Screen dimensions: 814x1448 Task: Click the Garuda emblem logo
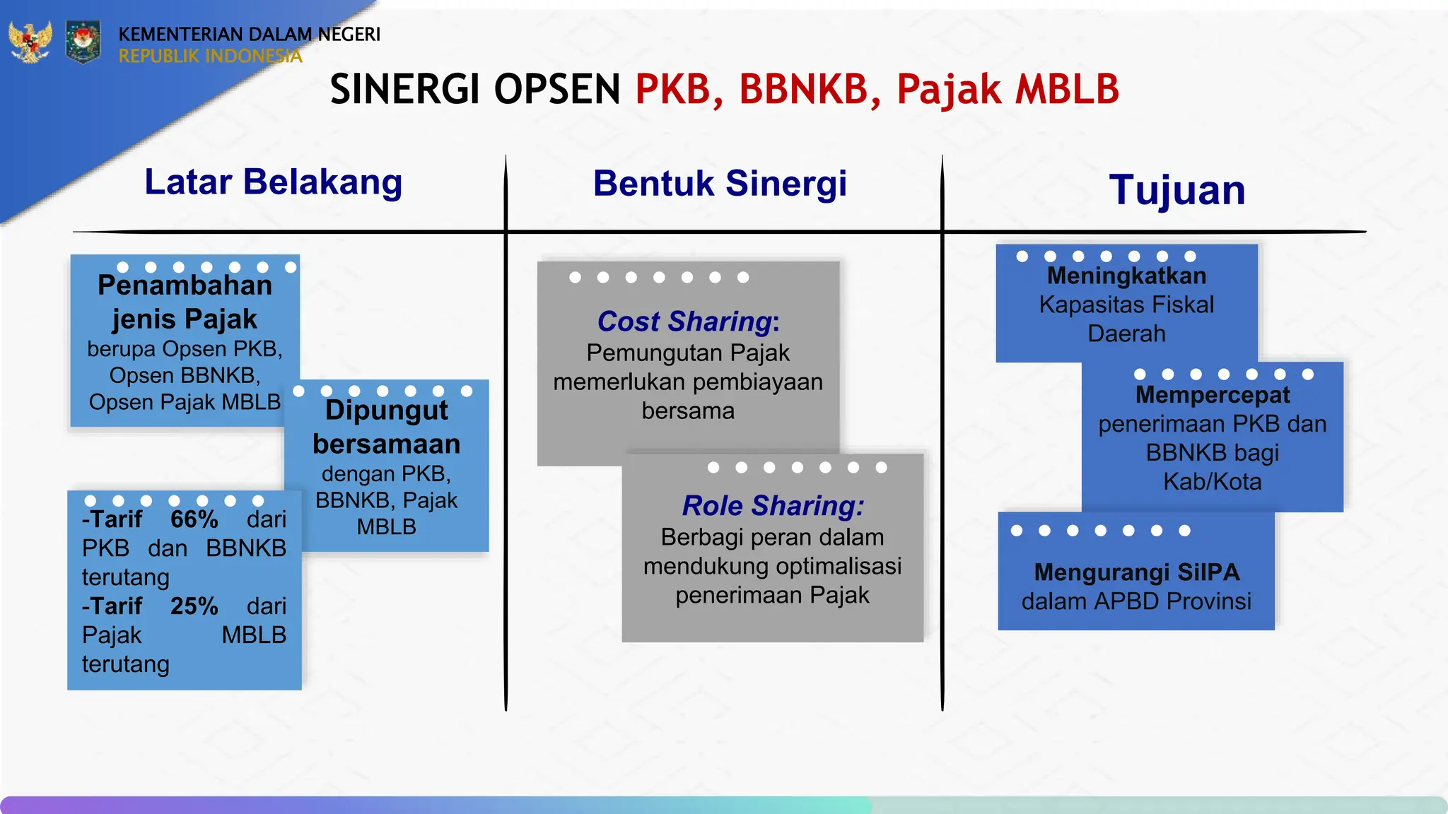tap(30, 42)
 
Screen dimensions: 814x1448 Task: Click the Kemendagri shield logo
tap(83, 42)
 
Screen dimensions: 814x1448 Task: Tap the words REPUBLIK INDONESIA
tap(210, 57)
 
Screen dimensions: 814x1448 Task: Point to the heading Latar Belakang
tap(273, 182)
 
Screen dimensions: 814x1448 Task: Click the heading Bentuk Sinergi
tap(720, 184)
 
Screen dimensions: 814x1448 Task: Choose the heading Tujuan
tap(1177, 191)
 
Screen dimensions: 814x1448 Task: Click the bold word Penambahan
tap(185, 285)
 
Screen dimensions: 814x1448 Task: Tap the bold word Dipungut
tap(386, 411)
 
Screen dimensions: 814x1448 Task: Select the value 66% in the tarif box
tap(194, 519)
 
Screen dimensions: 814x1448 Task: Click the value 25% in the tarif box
tap(194, 606)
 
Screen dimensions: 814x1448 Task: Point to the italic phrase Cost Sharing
tap(684, 322)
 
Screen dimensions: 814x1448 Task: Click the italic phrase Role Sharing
tap(771, 506)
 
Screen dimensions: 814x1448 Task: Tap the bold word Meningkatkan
tap(1126, 276)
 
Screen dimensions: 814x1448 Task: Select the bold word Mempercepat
tap(1212, 395)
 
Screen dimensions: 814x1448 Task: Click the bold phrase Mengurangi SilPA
tap(1136, 572)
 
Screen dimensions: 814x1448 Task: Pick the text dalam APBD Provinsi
tap(1136, 601)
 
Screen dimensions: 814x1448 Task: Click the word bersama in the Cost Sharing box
tap(687, 411)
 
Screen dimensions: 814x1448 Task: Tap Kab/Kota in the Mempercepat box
tap(1212, 482)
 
